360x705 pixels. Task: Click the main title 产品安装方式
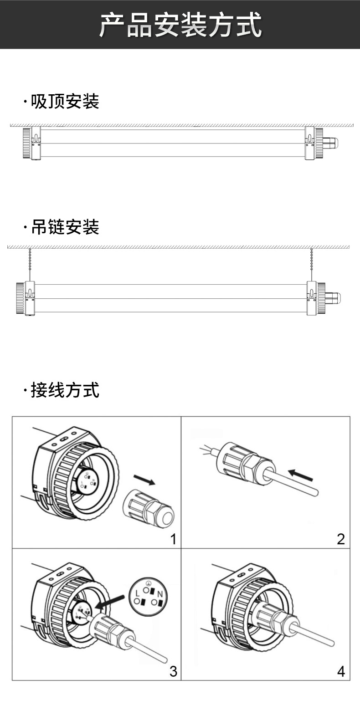pyautogui.click(x=180, y=25)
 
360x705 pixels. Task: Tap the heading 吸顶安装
pyautogui.click(x=64, y=102)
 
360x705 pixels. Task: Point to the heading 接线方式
pyautogui.click(x=64, y=390)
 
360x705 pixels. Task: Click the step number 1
pyautogui.click(x=173, y=540)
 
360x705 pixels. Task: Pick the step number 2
pyautogui.click(x=341, y=540)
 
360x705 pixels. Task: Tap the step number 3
pyautogui.click(x=173, y=671)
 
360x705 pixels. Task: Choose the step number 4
pyautogui.click(x=341, y=671)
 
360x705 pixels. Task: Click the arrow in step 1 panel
pyautogui.click(x=145, y=481)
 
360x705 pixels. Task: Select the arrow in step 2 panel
pyautogui.click(x=302, y=476)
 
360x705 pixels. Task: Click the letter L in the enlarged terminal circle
pyautogui.click(x=138, y=593)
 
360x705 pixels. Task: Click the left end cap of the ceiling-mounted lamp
pyautogui.click(x=26, y=143)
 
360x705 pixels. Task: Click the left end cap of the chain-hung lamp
pyautogui.click(x=21, y=298)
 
